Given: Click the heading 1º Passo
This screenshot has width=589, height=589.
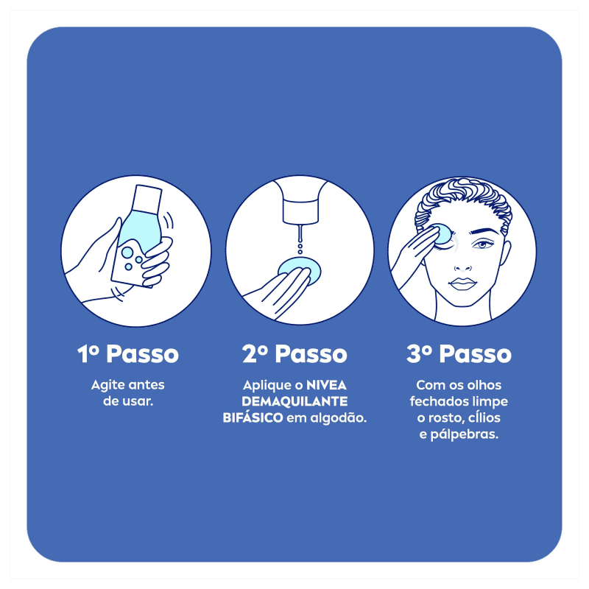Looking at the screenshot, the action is point(127,354).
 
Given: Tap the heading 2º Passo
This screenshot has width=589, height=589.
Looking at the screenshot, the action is point(294,354).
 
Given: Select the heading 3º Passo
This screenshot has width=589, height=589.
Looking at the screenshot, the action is point(459,354).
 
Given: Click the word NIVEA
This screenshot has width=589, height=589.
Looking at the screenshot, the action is point(326,385).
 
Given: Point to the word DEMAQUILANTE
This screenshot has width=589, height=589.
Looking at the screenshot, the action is point(294,401).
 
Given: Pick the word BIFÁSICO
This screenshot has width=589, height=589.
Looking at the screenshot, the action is point(253,417).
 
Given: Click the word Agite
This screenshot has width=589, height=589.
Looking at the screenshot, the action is point(107,386).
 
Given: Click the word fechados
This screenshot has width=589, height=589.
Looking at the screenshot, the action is point(435,401).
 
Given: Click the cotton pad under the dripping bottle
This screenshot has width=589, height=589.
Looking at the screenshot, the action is point(300,269).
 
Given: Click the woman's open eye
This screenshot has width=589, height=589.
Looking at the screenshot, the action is point(482,245).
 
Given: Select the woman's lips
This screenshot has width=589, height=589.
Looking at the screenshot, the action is point(463,283).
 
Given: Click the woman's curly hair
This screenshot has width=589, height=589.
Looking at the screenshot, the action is point(463,203).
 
